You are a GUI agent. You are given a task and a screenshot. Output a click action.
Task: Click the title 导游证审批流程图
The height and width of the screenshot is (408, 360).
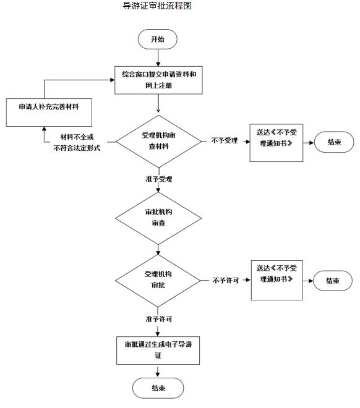[157, 6]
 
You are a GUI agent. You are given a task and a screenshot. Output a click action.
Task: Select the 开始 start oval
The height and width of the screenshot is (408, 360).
[158, 40]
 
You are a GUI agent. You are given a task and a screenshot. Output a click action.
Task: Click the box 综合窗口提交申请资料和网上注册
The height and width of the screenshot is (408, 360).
[158, 80]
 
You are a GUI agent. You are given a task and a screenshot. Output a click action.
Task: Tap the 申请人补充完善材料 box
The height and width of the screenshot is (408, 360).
[49, 113]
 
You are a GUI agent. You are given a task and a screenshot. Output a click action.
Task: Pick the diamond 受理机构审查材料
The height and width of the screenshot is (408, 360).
[158, 142]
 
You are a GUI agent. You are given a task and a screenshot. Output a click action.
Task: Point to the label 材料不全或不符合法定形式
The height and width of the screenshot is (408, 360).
[77, 142]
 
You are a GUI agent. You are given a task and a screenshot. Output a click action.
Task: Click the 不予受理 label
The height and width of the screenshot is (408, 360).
[225, 140]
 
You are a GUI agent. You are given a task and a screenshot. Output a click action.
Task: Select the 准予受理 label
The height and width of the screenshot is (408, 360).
[159, 179]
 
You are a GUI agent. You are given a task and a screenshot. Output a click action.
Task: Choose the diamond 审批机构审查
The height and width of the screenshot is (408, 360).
[158, 218]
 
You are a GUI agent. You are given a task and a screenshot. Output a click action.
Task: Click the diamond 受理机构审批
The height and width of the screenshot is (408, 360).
[158, 281]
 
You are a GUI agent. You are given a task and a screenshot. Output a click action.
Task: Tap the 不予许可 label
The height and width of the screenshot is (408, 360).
[226, 280]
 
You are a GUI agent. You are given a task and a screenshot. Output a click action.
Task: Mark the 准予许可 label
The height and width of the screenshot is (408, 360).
[159, 319]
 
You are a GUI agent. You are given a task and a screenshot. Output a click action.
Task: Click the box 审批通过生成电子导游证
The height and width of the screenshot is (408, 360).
[158, 351]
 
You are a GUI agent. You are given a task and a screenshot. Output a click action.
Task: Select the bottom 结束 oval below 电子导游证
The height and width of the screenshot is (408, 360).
[158, 388]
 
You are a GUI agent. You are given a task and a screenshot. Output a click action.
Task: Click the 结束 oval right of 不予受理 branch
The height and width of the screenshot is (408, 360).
[334, 142]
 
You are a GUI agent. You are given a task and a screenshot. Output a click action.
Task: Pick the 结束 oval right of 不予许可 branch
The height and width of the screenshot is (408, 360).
[333, 281]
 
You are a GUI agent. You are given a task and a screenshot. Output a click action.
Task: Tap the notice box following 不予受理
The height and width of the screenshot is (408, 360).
[276, 143]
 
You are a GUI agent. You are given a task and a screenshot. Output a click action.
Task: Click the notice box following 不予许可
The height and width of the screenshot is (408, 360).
[276, 280]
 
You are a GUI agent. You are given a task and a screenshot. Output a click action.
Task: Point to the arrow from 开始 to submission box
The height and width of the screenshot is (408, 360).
[158, 57]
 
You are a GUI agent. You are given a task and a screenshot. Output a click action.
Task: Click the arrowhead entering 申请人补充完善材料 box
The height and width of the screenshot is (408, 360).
[45, 129]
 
